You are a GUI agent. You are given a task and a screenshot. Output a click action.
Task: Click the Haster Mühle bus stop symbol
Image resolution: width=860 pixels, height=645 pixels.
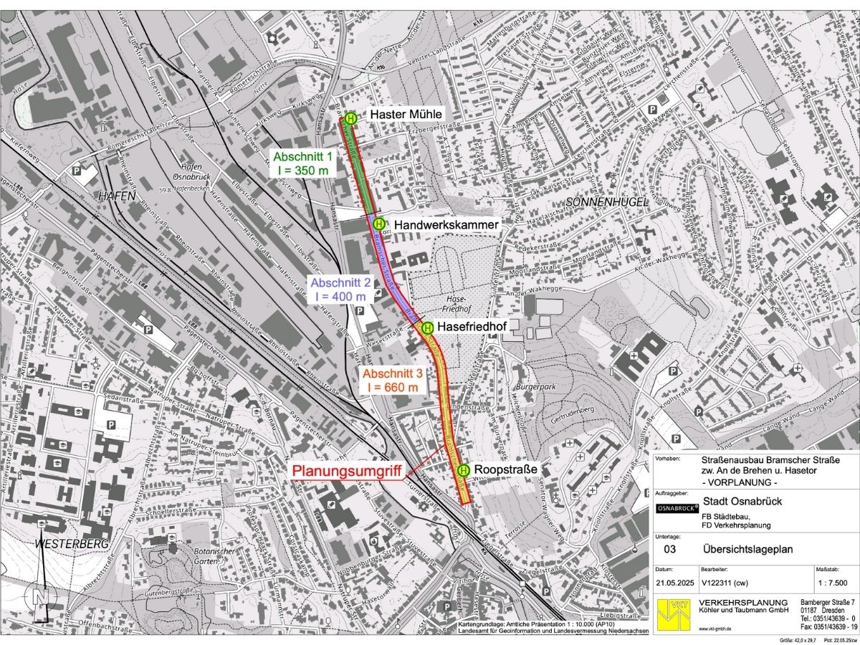tap(350, 118)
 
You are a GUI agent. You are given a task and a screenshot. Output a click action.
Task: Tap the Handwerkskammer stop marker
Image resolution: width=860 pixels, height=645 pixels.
tap(378, 224)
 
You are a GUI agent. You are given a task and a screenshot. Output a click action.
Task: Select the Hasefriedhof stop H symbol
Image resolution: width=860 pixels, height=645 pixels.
tap(427, 328)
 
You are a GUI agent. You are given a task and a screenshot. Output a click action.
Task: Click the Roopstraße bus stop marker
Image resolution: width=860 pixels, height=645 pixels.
tap(464, 470)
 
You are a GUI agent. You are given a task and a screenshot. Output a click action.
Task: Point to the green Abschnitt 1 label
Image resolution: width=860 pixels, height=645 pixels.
tap(303, 163)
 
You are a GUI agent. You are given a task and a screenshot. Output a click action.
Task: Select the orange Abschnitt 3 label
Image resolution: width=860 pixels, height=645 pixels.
tap(392, 381)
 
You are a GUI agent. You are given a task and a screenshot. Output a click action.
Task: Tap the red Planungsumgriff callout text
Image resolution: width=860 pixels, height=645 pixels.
tap(345, 470)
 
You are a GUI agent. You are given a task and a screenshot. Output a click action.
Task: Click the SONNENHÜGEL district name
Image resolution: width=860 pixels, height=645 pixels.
tap(606, 203)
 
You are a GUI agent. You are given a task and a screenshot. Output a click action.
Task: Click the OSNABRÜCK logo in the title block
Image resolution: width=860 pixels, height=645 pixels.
tap(677, 508)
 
